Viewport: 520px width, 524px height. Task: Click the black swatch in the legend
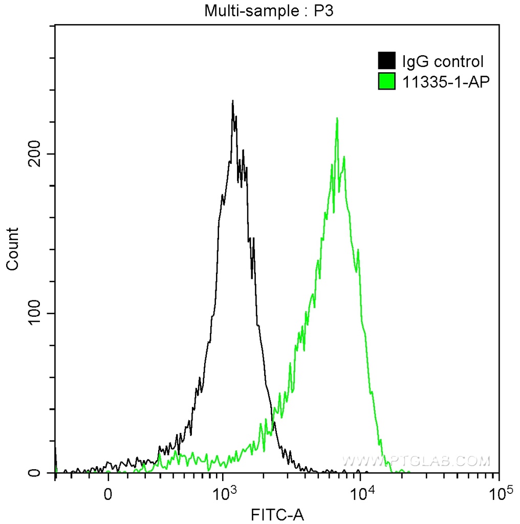(x=386, y=61)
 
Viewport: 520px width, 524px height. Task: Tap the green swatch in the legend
(x=386, y=81)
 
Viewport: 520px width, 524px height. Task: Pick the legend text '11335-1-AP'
(x=443, y=81)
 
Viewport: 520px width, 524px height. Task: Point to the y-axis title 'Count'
(x=12, y=249)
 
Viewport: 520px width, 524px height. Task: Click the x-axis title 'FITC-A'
(x=277, y=513)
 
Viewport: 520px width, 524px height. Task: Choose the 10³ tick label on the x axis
(x=223, y=493)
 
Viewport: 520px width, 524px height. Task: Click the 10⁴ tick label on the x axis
(x=361, y=493)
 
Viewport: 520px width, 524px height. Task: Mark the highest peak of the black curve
(x=233, y=101)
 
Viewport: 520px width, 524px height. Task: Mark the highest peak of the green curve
(x=337, y=118)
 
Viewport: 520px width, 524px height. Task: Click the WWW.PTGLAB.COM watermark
(x=416, y=462)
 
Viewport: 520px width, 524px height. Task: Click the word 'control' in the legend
(x=458, y=62)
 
